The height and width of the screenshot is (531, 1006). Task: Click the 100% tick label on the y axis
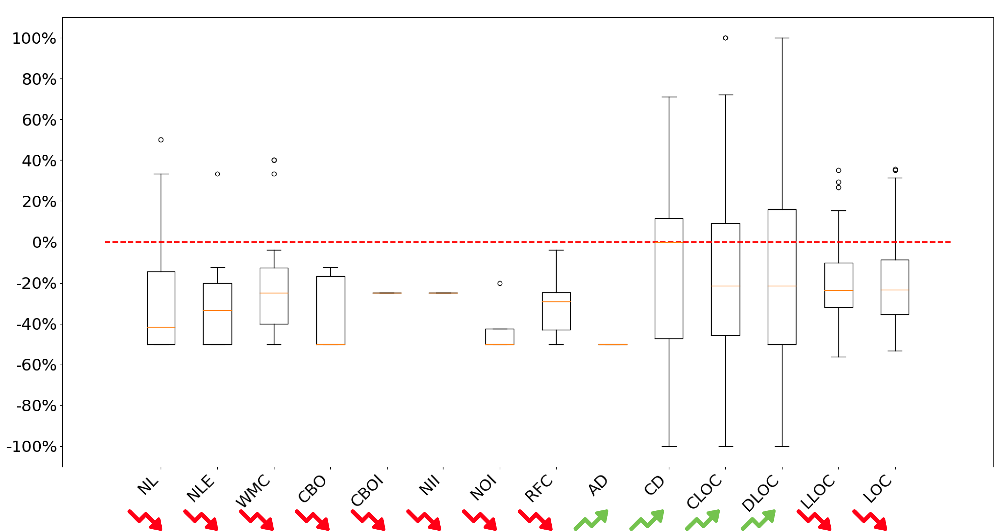pyautogui.click(x=34, y=39)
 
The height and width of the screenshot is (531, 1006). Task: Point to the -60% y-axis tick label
pyautogui.click(x=36, y=365)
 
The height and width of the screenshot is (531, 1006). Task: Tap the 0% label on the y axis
pyautogui.click(x=44, y=243)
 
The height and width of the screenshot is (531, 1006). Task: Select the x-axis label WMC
pyautogui.click(x=253, y=491)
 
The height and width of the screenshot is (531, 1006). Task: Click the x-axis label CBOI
pyautogui.click(x=367, y=491)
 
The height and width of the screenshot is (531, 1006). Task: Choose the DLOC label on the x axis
pyautogui.click(x=760, y=492)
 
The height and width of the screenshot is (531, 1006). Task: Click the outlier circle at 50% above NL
pyautogui.click(x=161, y=140)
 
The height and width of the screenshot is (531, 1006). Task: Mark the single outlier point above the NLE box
pyautogui.click(x=218, y=174)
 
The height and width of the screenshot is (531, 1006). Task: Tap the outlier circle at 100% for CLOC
pyautogui.click(x=725, y=38)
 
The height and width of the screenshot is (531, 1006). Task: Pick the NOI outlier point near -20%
pyautogui.click(x=500, y=283)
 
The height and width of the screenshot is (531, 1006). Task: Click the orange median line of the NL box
pyautogui.click(x=161, y=327)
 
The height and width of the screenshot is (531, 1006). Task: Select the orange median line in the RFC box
pyautogui.click(x=556, y=301)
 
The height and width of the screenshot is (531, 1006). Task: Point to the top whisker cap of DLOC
pyautogui.click(x=782, y=38)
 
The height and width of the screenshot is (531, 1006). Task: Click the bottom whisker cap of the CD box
pyautogui.click(x=669, y=446)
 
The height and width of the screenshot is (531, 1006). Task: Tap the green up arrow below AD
pyautogui.click(x=591, y=520)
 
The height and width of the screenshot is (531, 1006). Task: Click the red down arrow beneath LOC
pyautogui.click(x=870, y=520)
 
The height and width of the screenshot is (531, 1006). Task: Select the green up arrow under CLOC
pyautogui.click(x=703, y=520)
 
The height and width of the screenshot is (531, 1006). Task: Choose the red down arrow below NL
pyautogui.click(x=145, y=520)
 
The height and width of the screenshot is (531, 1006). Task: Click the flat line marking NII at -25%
pyautogui.click(x=443, y=293)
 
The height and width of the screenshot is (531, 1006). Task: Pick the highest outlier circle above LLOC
pyautogui.click(x=838, y=170)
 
